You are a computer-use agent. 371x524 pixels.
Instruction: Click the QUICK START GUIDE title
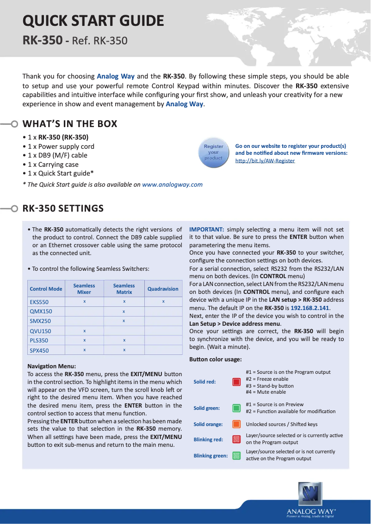pos(93,21)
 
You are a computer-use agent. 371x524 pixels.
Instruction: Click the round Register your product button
pos(213,152)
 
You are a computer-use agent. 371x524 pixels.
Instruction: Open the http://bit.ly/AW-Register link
pos(265,161)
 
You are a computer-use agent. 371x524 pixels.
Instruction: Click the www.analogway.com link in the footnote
pos(172,184)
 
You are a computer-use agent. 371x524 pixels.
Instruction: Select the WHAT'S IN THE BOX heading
pos(70,124)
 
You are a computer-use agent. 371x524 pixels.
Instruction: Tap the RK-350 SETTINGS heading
pos(63,208)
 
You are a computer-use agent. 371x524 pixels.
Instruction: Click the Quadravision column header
pos(163,289)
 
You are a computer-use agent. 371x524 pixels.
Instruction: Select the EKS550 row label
pos(39,302)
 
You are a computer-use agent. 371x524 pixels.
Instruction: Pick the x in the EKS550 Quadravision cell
pos(163,301)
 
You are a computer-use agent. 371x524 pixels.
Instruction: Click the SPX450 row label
pos(39,350)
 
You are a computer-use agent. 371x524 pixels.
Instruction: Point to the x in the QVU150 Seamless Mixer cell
pos(84,331)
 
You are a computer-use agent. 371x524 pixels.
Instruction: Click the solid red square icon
pos(236,382)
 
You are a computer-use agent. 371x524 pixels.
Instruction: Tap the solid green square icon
pos(236,408)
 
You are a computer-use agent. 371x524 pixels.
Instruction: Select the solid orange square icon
pos(236,424)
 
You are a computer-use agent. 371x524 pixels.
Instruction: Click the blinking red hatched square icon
pos(236,439)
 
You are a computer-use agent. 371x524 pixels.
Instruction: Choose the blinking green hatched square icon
pos(236,456)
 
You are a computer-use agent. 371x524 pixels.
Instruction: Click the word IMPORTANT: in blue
pos(207,229)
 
